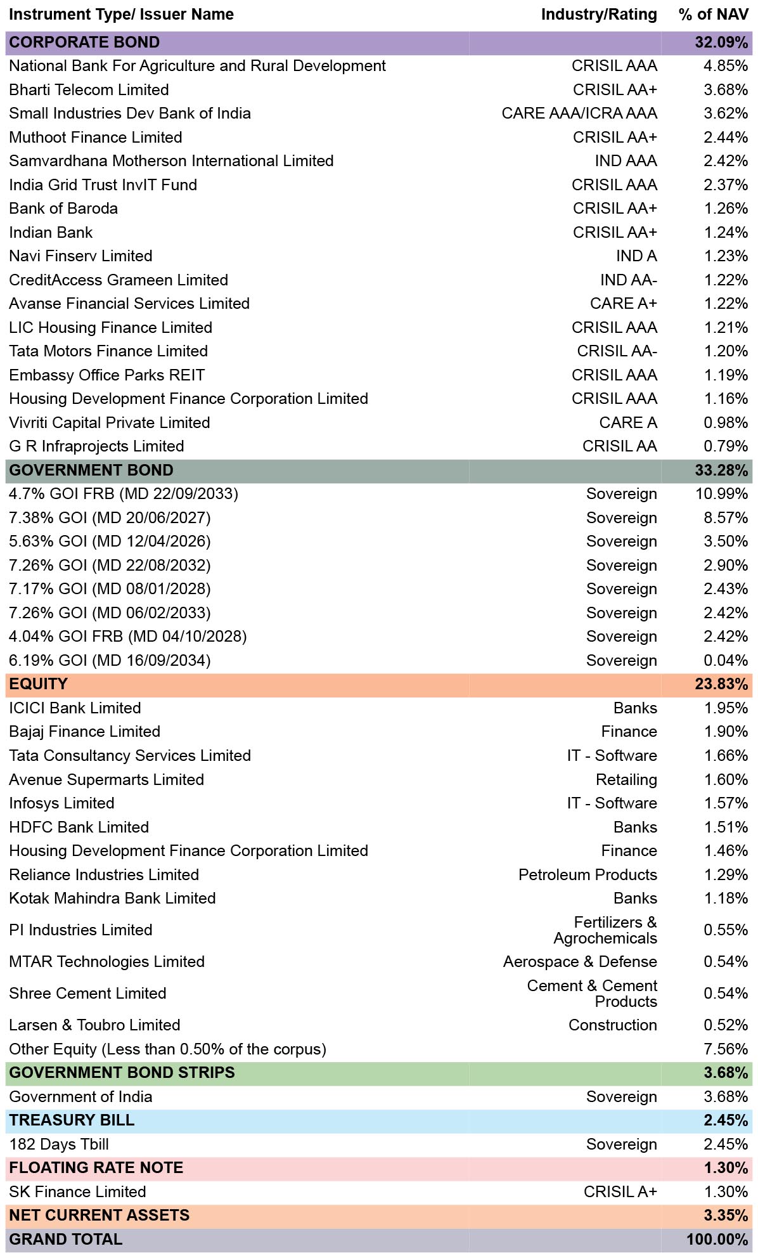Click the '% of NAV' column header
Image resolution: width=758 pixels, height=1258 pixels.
pyautogui.click(x=713, y=15)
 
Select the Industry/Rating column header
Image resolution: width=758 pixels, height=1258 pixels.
pyautogui.click(x=599, y=15)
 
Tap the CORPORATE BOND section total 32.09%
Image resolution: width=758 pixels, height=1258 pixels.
pyautogui.click(x=721, y=42)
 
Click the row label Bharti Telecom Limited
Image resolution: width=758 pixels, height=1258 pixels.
pyautogui.click(x=89, y=90)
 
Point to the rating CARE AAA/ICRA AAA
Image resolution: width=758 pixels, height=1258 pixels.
pyautogui.click(x=579, y=113)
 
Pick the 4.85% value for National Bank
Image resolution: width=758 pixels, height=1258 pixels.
pyautogui.click(x=726, y=66)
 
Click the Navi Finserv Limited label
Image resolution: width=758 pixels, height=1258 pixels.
pyautogui.click(x=80, y=256)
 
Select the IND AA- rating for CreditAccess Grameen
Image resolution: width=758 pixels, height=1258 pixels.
pyautogui.click(x=629, y=280)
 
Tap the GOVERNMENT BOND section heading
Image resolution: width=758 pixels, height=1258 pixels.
pyautogui.click(x=91, y=470)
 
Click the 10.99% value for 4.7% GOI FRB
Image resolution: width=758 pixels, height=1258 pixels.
pyautogui.click(x=722, y=494)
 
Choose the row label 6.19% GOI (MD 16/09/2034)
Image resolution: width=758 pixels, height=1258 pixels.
pyautogui.click(x=110, y=661)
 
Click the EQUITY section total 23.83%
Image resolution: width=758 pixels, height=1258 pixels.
pyautogui.click(x=721, y=684)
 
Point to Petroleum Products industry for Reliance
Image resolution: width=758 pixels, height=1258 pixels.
pyautogui.click(x=588, y=875)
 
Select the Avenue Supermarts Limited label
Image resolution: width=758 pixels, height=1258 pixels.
pyautogui.click(x=106, y=780)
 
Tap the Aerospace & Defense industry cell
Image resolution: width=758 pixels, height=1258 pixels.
pyautogui.click(x=580, y=962)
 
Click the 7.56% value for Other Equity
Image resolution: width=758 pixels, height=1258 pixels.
pyautogui.click(x=726, y=1049)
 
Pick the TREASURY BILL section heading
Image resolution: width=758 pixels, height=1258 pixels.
pyautogui.click(x=72, y=1120)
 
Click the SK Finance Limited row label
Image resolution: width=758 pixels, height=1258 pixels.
pyautogui.click(x=77, y=1192)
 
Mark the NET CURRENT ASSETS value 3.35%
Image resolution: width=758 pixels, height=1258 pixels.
pyautogui.click(x=726, y=1216)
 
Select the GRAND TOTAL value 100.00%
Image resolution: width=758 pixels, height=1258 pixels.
pyautogui.click(x=717, y=1240)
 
